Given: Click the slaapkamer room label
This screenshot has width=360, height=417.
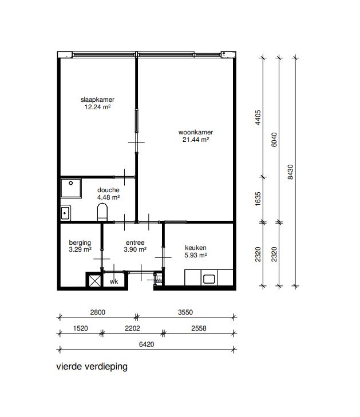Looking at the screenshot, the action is (x=97, y=100).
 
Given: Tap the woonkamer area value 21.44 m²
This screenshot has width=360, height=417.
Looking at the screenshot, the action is (x=196, y=140).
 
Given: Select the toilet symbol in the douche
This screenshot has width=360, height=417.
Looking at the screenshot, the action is (x=102, y=212).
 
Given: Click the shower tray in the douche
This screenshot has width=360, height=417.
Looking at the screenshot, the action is (x=71, y=188).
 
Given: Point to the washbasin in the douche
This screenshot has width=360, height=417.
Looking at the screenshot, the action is (x=65, y=213).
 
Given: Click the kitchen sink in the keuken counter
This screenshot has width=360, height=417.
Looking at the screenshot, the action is (x=209, y=279).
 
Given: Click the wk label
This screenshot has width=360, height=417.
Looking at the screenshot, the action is (x=114, y=281).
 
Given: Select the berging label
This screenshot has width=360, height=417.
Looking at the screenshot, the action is (x=80, y=243).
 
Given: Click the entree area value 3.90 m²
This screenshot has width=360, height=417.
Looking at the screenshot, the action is (x=135, y=249).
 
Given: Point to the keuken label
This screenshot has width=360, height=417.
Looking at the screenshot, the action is (x=196, y=248).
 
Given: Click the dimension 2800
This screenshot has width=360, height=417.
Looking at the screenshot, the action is (x=98, y=312).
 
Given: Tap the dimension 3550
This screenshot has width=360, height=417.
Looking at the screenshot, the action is (x=185, y=312).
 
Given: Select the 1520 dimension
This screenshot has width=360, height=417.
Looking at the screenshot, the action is (x=80, y=328).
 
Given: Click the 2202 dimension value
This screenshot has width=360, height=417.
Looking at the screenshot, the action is (x=132, y=328).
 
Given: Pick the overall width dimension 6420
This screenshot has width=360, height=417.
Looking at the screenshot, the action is (x=147, y=344).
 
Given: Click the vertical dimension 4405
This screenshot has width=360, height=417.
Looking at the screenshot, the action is (x=258, y=117).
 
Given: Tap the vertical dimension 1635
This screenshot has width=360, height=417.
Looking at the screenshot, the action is (x=258, y=199).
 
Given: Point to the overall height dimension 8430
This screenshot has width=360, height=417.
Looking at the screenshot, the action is (x=290, y=172).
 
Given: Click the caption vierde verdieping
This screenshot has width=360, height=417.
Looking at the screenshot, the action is (x=92, y=367).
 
